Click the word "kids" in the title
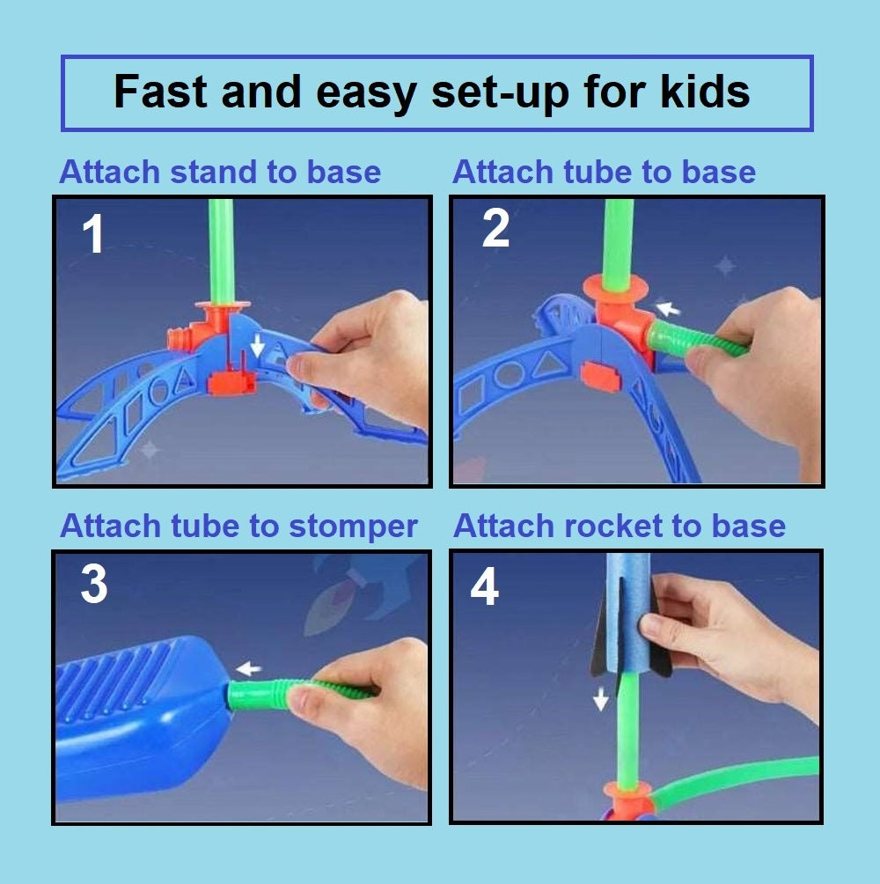click(705, 92)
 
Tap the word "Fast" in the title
click(160, 92)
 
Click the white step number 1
click(93, 233)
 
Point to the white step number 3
click(94, 584)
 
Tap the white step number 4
click(485, 586)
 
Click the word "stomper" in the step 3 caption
click(353, 527)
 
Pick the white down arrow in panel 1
click(258, 345)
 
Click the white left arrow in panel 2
click(669, 308)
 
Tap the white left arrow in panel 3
click(248, 669)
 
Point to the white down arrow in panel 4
click(601, 699)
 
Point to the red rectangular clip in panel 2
click(601, 377)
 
